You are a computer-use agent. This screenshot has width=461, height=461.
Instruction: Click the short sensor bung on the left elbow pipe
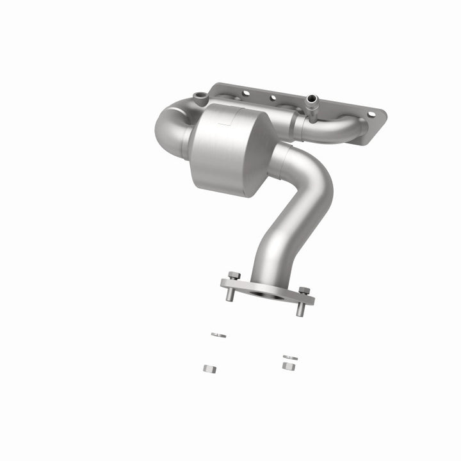point(199,98)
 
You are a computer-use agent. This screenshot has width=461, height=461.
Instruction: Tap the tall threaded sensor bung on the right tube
point(312,102)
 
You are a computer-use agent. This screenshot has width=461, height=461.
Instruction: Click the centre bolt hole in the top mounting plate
point(273,99)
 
